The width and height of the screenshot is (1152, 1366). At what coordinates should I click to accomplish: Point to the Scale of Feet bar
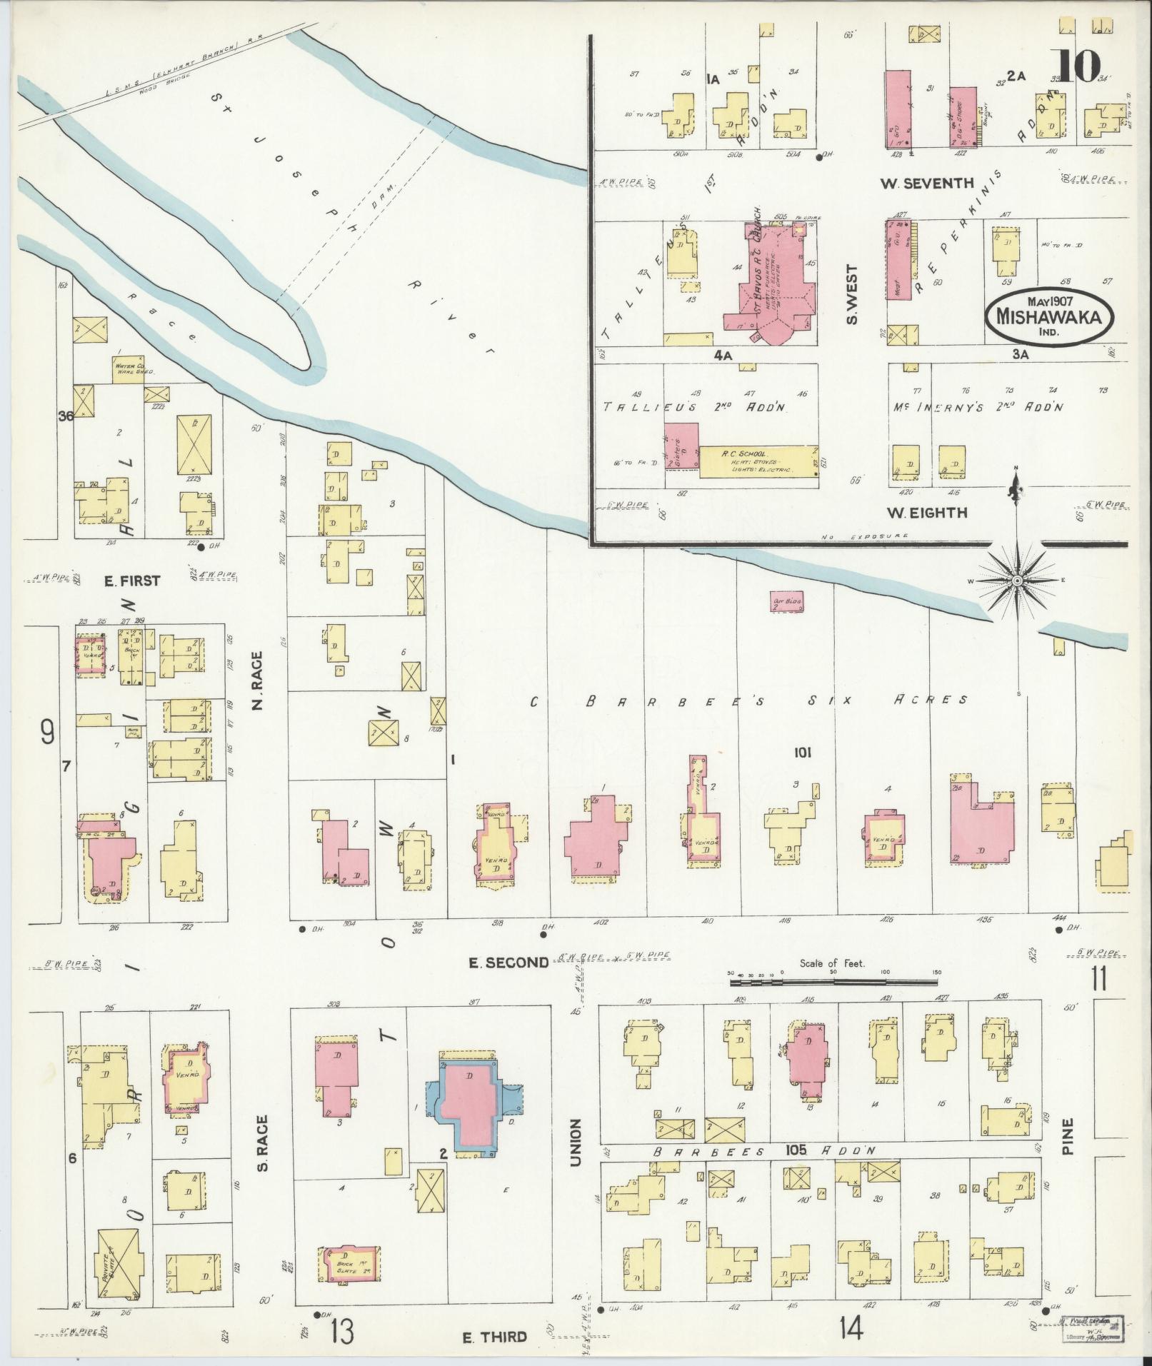[x=836, y=983]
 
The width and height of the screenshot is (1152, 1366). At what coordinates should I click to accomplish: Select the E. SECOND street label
[x=509, y=963]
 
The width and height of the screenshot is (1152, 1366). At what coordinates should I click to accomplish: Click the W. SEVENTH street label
[x=926, y=184]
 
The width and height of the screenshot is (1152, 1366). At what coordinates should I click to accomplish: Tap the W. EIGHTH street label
[x=927, y=512]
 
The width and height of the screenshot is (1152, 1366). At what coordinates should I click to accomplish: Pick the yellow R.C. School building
[x=757, y=462]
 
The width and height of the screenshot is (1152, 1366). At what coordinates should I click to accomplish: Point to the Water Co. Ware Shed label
[x=131, y=369]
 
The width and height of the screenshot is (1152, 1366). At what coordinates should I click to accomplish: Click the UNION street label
[x=576, y=1143]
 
